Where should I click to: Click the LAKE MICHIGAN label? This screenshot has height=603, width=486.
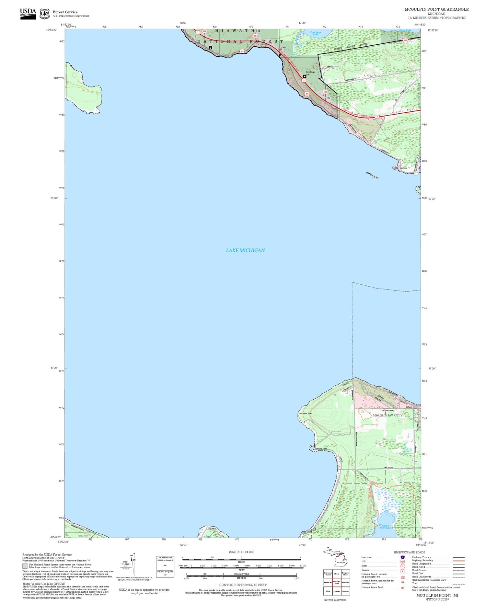pyautogui.click(x=245, y=250)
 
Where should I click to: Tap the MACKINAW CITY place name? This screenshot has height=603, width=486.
pyautogui.click(x=387, y=415)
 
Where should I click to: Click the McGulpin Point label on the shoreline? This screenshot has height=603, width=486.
pyautogui.click(x=305, y=414)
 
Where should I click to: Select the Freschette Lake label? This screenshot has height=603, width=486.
pyautogui.click(x=315, y=33)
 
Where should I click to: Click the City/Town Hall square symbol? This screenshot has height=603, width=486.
pyautogui.click(x=304, y=76)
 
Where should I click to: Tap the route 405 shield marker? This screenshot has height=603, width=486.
pyautogui.click(x=307, y=94)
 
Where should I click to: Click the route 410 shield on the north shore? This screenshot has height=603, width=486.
pyautogui.click(x=242, y=51)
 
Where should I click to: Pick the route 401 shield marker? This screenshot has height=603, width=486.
pyautogui.click(x=325, y=92)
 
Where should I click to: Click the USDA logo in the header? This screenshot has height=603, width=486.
pyautogui.click(x=28, y=14)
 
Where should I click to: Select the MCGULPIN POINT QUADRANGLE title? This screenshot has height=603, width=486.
pyautogui.click(x=436, y=9)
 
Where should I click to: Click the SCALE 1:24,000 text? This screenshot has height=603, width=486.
pyautogui.click(x=241, y=552)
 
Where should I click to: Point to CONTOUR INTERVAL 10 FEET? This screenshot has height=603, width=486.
pyautogui.click(x=243, y=585)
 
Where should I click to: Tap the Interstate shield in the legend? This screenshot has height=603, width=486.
pyautogui.click(x=402, y=557)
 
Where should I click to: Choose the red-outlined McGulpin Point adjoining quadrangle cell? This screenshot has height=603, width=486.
pyautogui.click(x=337, y=583)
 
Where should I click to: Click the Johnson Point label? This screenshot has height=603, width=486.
pyautogui.click(x=321, y=449)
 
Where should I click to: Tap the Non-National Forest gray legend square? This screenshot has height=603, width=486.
pyautogui.click(x=25, y=566)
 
